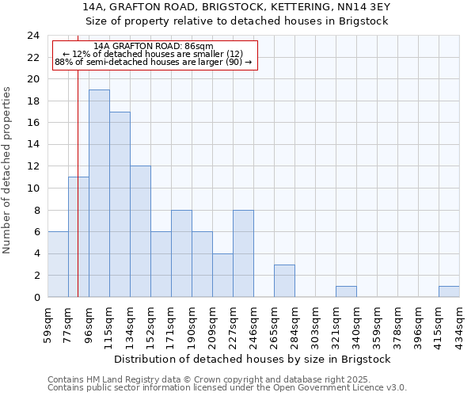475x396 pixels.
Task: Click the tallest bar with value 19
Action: (x=99, y=193)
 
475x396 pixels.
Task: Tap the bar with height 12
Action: (x=140, y=231)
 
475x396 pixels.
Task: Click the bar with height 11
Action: (x=78, y=237)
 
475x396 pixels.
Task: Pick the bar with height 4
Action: (x=222, y=275)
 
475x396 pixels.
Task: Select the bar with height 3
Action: (x=284, y=280)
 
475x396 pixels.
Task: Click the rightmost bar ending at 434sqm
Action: (x=449, y=291)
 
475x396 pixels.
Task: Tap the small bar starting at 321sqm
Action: (x=346, y=291)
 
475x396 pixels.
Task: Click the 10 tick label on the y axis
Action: (x=32, y=188)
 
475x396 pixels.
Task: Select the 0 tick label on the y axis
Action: (x=36, y=298)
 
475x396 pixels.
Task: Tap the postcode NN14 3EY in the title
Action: (x=359, y=6)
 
